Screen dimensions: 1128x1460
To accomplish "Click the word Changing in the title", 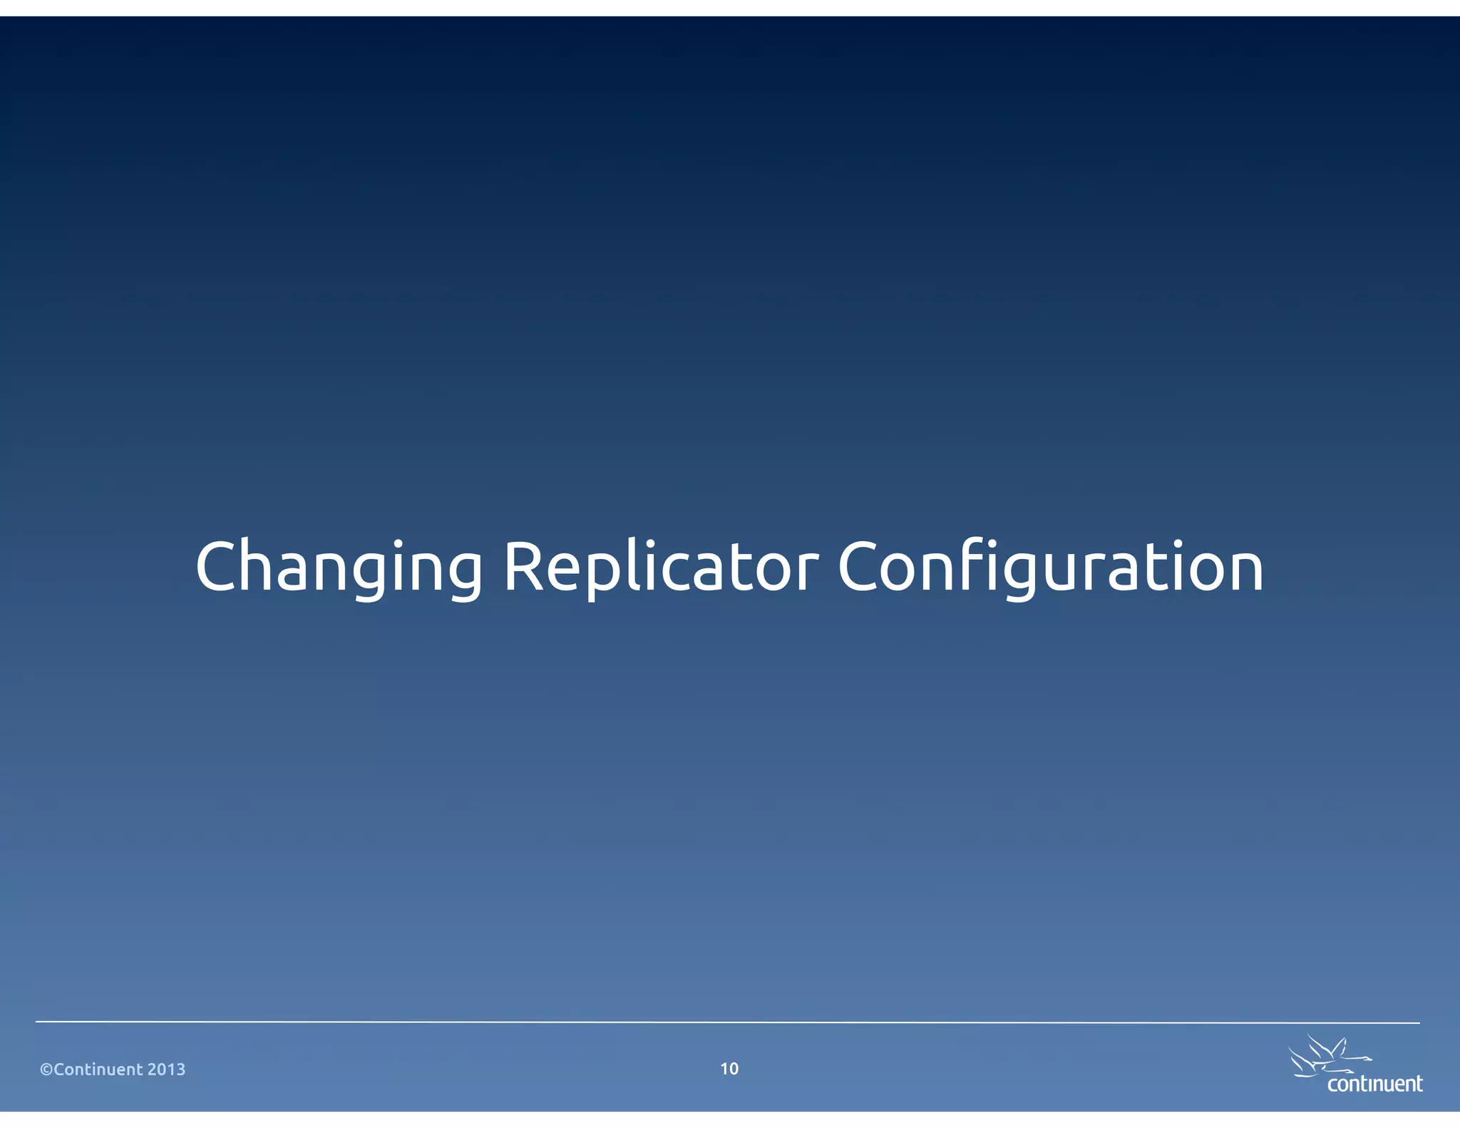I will (x=339, y=568).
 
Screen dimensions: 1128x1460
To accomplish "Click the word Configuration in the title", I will (x=1050, y=568).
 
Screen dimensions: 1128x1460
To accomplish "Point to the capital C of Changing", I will (x=218, y=566).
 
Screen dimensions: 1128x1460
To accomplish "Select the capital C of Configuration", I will (x=860, y=566).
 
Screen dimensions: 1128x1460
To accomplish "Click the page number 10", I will (x=729, y=1068).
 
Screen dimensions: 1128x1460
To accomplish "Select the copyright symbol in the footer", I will (x=46, y=1070).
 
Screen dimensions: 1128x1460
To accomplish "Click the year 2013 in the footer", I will (x=166, y=1070).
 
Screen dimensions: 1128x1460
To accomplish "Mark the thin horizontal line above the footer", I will (x=727, y=1022).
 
